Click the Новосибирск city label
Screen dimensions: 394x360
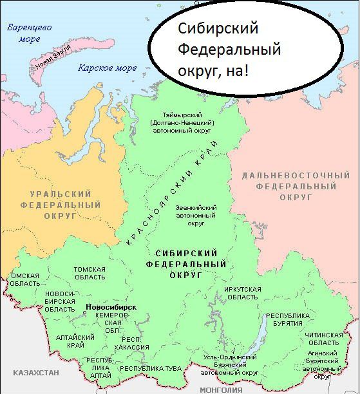pos(110,306)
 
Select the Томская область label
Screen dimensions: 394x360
pos(90,273)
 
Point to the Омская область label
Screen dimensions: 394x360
pos(25,280)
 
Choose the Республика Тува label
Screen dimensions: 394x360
pos(151,368)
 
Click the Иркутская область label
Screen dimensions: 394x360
pos(243,293)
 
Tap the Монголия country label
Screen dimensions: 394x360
pos(221,389)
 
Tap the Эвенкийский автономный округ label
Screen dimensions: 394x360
pos(196,216)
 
